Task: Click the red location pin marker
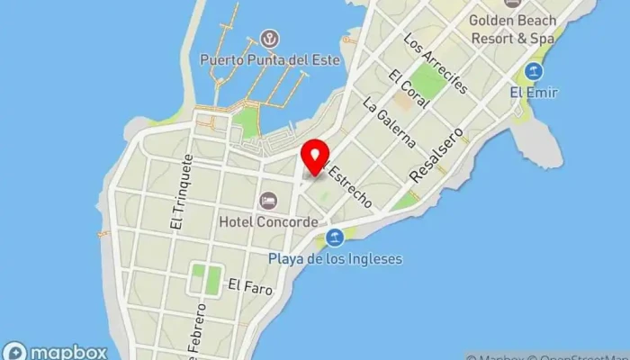315,157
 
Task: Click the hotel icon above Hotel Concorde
267,200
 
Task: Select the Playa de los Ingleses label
335,259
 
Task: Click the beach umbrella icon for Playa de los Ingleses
335,238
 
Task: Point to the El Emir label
534,93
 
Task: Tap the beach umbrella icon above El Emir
534,71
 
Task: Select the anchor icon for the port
268,39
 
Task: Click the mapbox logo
55,352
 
